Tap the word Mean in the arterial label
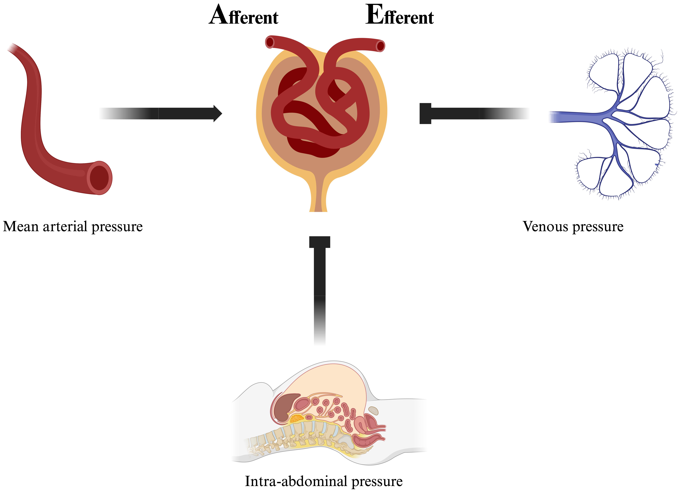pyautogui.click(x=21, y=227)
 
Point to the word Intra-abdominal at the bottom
pyautogui.click(x=296, y=481)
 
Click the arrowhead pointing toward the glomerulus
pyautogui.click(x=218, y=113)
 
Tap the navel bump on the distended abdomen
pyautogui.click(x=373, y=410)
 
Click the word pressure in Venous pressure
pyautogui.click(x=598, y=227)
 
